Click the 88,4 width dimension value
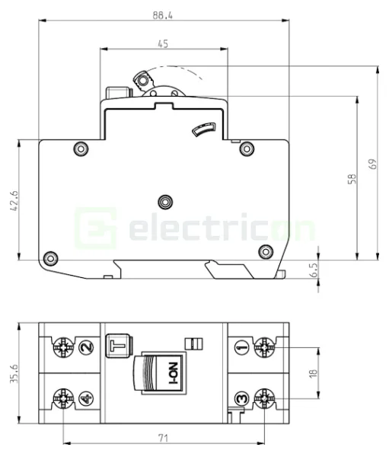pos(162,14)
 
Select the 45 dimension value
pos(163,44)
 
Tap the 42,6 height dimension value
pos(14,201)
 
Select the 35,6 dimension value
pos(14,372)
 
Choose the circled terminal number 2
pos(86,347)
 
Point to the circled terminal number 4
pos(86,398)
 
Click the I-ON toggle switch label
pos(172,375)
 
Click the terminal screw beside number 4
pos(62,398)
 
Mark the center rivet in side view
pos(164,201)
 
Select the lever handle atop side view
pos(142,78)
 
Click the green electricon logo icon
pos(96,227)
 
